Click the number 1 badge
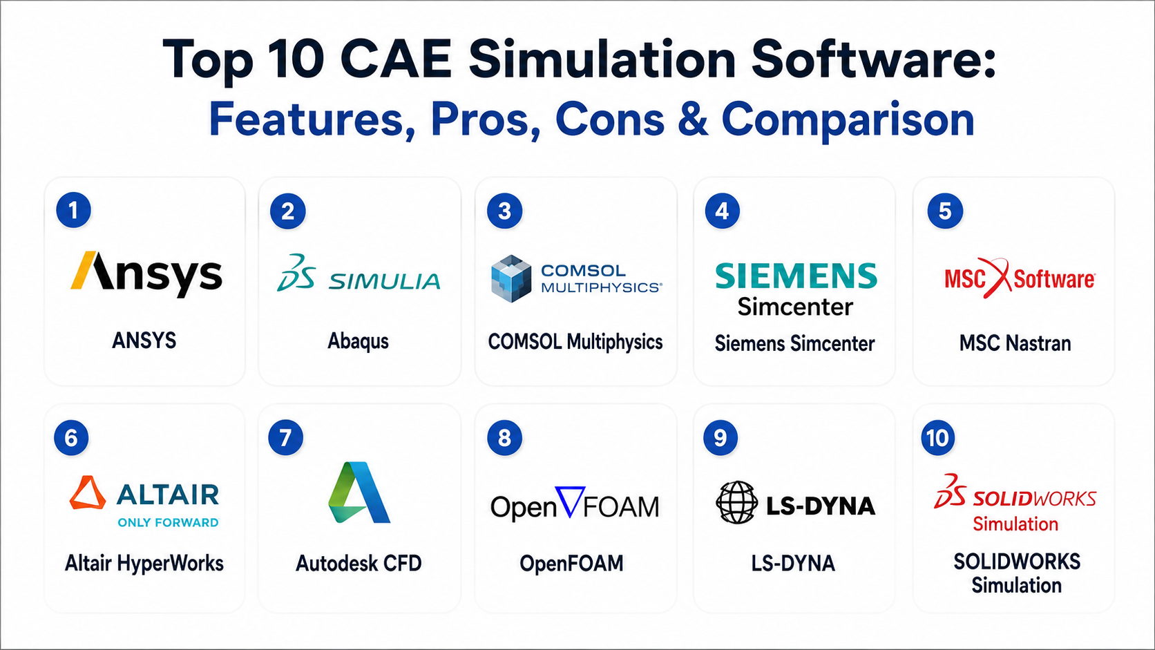point(74,210)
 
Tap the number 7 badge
point(286,438)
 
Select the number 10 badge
point(938,438)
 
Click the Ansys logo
point(146,274)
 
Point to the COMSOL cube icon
point(511,278)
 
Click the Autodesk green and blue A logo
point(359,493)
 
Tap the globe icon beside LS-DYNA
point(737,503)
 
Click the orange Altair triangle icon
point(88,493)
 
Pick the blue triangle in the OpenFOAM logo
point(570,501)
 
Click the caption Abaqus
point(359,341)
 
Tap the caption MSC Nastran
point(1015,343)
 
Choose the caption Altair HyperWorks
point(144,564)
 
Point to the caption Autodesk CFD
point(359,563)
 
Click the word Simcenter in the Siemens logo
point(795,307)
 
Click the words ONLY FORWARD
point(168,523)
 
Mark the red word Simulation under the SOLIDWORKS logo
point(1015,524)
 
